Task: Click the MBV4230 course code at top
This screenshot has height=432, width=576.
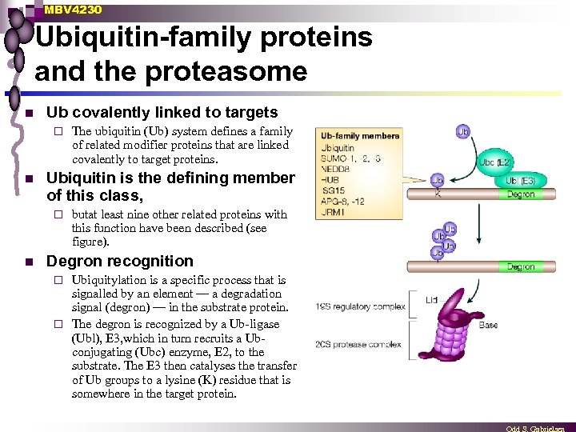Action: [x=73, y=10]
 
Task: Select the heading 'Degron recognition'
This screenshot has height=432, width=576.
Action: [x=120, y=261]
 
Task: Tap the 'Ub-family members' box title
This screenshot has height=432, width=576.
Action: [x=359, y=135]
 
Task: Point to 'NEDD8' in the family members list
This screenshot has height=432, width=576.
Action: [x=336, y=170]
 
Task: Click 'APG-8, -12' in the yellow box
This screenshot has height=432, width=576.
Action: [x=342, y=202]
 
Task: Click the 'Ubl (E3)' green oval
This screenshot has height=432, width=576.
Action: [x=522, y=181]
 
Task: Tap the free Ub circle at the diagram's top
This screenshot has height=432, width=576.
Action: [x=464, y=131]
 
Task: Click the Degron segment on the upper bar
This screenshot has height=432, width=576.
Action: [x=521, y=194]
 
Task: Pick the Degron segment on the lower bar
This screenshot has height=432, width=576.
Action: [x=521, y=266]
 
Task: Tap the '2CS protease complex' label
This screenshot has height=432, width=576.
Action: [x=358, y=344]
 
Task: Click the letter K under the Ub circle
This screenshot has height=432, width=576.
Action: [x=438, y=194]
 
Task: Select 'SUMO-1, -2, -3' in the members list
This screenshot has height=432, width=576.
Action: [x=350, y=158]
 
